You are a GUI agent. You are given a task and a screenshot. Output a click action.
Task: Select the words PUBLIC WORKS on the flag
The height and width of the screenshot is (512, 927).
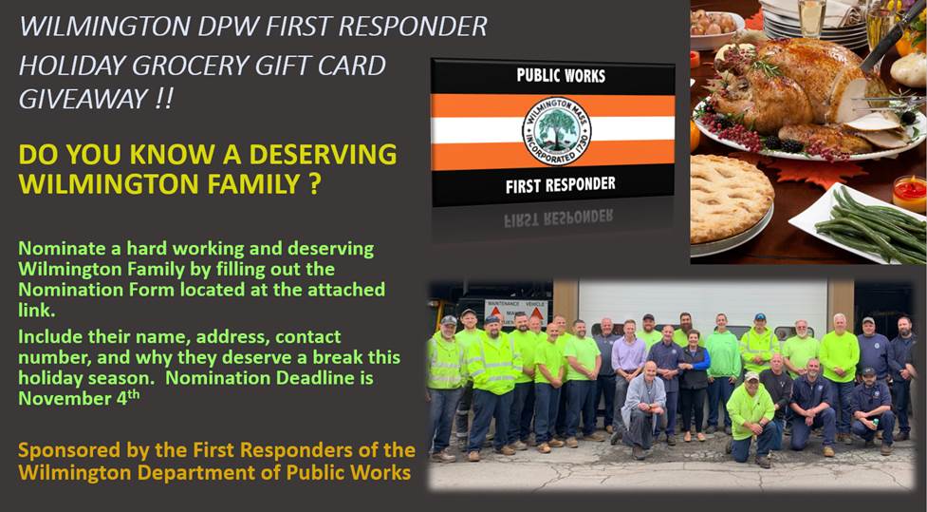pyautogui.click(x=560, y=75)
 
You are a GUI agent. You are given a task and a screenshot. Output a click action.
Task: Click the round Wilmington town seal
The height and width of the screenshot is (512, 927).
pyautogui.click(x=556, y=129)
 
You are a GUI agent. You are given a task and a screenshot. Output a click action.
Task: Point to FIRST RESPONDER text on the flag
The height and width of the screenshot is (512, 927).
pyautogui.click(x=560, y=183)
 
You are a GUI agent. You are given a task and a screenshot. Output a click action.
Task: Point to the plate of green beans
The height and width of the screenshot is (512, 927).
pyautogui.click(x=859, y=222)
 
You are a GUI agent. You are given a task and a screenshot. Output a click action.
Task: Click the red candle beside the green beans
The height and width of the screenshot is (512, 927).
pyautogui.click(x=908, y=193)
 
